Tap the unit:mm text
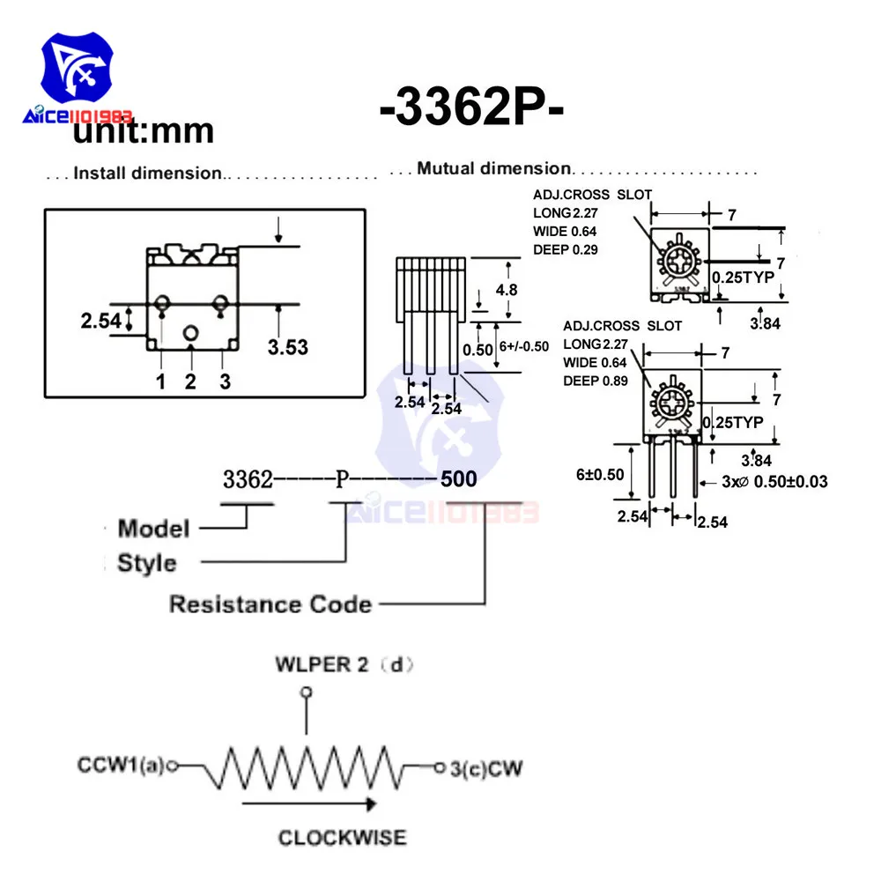144,131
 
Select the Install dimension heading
148,173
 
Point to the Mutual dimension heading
494,168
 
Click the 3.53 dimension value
287,347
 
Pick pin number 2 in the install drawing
190,381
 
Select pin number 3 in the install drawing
225,381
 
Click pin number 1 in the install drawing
160,381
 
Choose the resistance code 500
458,479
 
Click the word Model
153,529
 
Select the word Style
147,563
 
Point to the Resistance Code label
270,604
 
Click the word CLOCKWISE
343,837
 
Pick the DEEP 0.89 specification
596,381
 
